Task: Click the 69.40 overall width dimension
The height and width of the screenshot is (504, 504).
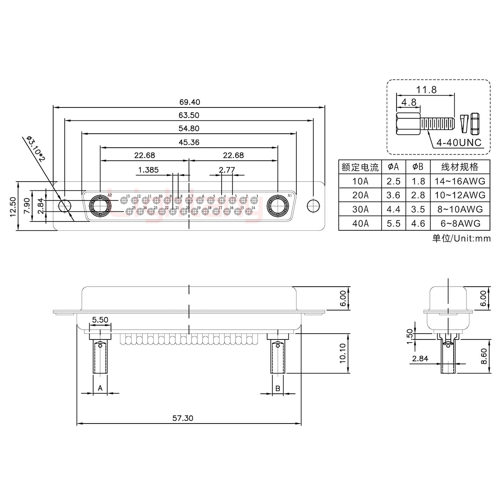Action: [189, 102]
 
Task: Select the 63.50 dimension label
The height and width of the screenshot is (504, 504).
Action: [189, 115]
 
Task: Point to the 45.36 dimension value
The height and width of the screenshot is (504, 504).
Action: [189, 142]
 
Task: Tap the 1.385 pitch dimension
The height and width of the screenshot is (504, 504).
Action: [148, 170]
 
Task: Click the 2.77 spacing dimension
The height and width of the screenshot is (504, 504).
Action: [227, 170]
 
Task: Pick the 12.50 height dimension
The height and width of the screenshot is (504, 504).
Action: [13, 206]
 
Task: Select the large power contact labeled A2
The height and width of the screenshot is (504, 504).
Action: [100, 206]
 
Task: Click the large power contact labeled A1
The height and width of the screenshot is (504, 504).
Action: [278, 206]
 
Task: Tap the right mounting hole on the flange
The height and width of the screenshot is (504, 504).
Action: [313, 206]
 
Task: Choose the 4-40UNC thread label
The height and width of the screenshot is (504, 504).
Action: [458, 143]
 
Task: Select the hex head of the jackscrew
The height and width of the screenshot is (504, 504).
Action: [408, 124]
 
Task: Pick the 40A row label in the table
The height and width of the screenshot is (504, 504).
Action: [360, 223]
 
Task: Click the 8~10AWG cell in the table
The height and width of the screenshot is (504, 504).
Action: [460, 209]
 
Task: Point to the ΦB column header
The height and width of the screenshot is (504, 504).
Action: [418, 167]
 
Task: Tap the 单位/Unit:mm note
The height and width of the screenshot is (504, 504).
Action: [461, 239]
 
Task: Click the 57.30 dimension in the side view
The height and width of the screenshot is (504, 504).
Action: [183, 418]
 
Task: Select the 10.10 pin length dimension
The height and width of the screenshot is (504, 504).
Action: [343, 353]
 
